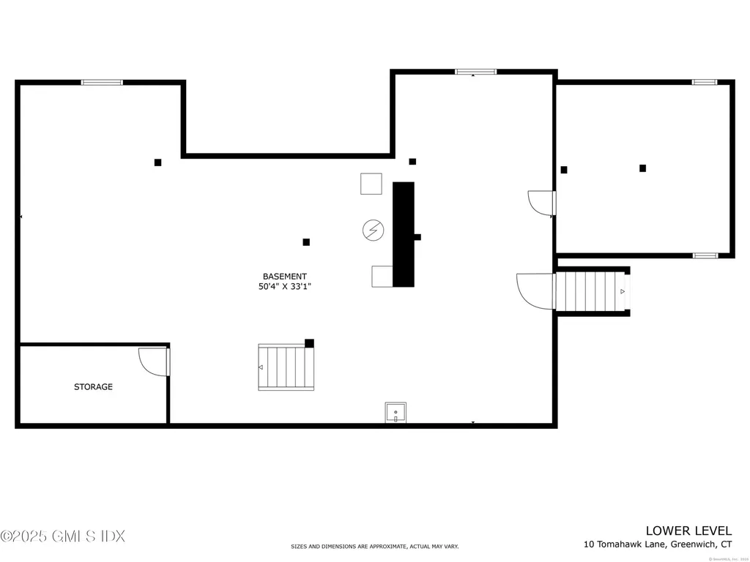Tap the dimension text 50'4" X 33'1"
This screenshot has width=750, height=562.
pos(285,287)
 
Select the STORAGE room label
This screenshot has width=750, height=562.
pos(93,386)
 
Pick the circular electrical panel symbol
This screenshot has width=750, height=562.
pos(373,231)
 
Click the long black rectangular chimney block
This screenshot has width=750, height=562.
pos(404,234)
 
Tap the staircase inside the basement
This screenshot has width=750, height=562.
pos(286,367)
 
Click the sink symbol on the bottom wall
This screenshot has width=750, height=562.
pos(396,413)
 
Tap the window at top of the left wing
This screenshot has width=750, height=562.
pos(102,83)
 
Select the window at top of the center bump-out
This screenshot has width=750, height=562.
pos(475,72)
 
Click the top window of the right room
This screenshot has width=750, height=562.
pos(705,82)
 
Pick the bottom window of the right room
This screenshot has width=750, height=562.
pos(705,255)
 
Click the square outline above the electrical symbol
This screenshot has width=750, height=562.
pos(371,183)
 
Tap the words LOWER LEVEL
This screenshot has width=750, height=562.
pos(688,530)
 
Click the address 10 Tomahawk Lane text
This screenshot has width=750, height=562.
pos(657,544)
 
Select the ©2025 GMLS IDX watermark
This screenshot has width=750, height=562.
pos(63,536)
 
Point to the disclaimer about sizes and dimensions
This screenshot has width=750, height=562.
pos(374,547)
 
